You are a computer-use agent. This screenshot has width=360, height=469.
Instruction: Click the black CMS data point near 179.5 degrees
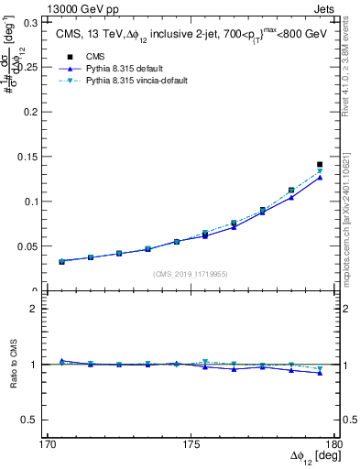point(320,165)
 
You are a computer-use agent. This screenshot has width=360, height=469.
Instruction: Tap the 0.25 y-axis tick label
point(38,65)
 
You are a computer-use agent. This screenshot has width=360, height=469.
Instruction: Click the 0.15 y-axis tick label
point(38,156)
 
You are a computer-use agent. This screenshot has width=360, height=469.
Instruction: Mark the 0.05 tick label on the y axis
point(38,246)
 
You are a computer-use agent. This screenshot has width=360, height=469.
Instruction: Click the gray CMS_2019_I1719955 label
point(191,274)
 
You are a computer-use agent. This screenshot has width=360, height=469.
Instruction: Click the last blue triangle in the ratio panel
point(320,373)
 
